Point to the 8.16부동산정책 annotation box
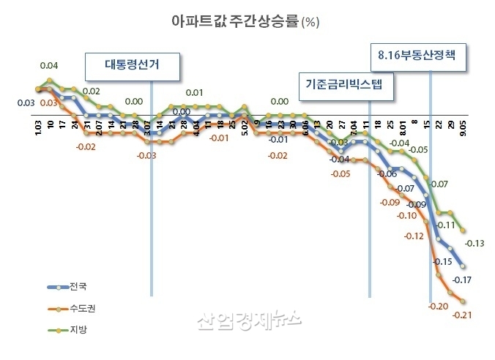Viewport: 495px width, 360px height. point(416,55)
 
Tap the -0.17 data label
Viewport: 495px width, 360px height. point(462,280)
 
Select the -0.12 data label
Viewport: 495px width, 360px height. point(414,236)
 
